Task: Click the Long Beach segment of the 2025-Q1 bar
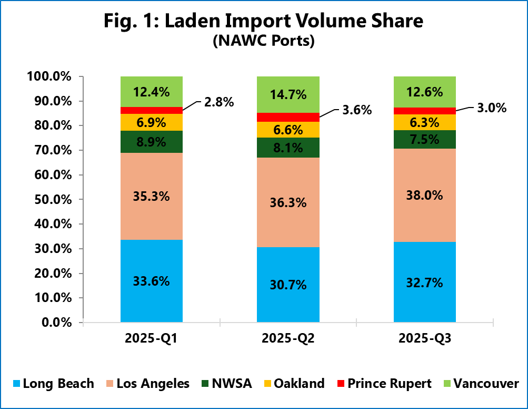tap(152, 295)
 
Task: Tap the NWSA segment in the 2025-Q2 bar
tap(288, 148)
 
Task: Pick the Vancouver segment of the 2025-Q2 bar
tap(288, 94)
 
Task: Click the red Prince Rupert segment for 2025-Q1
tap(152, 110)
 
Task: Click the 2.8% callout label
tap(218, 102)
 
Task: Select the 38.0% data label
tap(425, 195)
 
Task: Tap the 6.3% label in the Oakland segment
tap(425, 122)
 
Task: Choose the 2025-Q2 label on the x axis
tap(287, 339)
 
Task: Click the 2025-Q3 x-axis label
tap(425, 339)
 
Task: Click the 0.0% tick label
tap(55, 323)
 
